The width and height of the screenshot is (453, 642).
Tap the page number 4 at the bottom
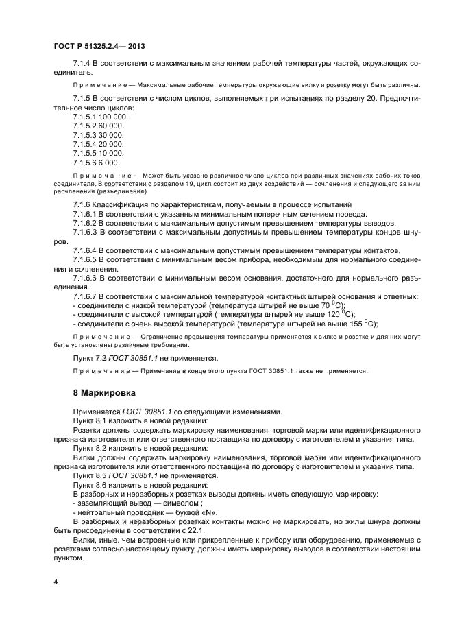[x=56, y=582]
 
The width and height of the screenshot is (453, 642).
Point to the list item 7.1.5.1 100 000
[x=100, y=117]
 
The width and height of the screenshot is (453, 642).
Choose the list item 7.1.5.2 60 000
[x=98, y=126]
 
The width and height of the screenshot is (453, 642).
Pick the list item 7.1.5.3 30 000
[x=98, y=135]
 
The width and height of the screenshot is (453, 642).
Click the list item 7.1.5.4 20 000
[x=98, y=144]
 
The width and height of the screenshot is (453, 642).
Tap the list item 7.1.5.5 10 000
[x=98, y=153]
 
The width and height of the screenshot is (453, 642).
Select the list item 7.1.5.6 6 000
[x=96, y=163]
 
